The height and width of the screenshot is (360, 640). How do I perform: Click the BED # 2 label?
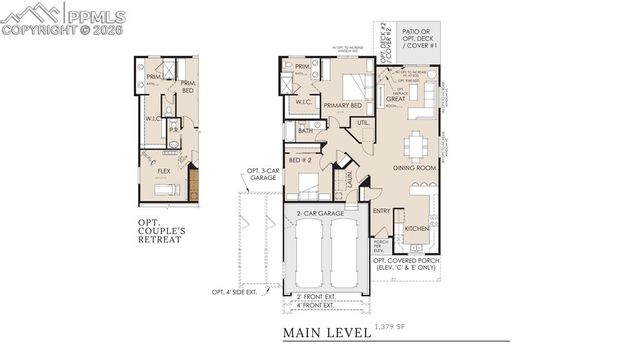pyautogui.click(x=300, y=159)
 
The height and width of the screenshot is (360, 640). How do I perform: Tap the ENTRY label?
pyautogui.click(x=382, y=211)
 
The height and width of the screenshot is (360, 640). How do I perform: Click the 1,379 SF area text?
pyautogui.click(x=391, y=327)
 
